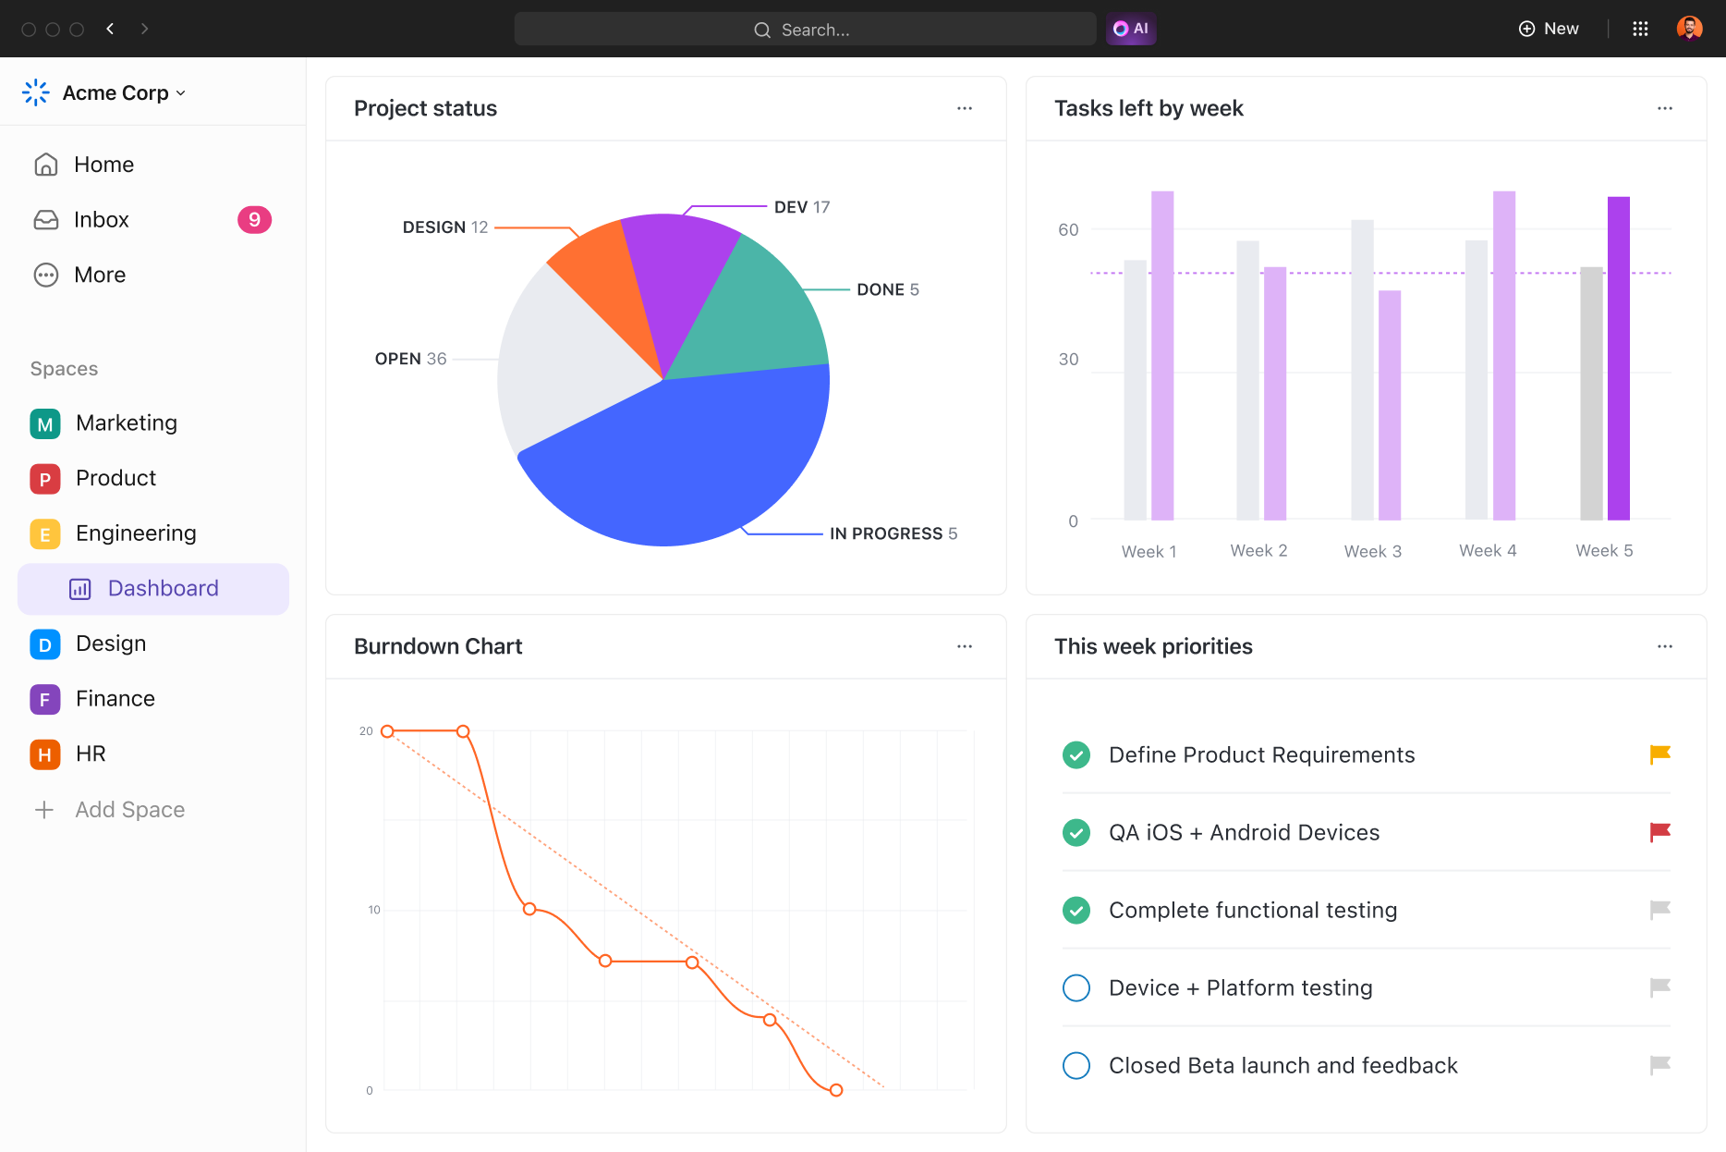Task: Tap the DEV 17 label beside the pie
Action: [801, 207]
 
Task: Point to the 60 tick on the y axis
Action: [1068, 229]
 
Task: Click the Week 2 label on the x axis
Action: [1258, 551]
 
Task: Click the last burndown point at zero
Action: [836, 1090]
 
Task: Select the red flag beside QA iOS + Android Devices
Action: [1659, 832]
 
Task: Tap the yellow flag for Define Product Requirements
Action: [1659, 754]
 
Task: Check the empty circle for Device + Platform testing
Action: [1076, 987]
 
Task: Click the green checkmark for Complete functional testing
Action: [1076, 910]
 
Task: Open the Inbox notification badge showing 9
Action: [254, 220]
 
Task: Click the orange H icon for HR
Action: [45, 754]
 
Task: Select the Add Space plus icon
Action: [44, 810]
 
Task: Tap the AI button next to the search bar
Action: [1131, 29]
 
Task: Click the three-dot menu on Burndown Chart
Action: [965, 646]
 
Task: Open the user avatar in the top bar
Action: [1689, 29]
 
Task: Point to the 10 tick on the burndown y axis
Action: [373, 910]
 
